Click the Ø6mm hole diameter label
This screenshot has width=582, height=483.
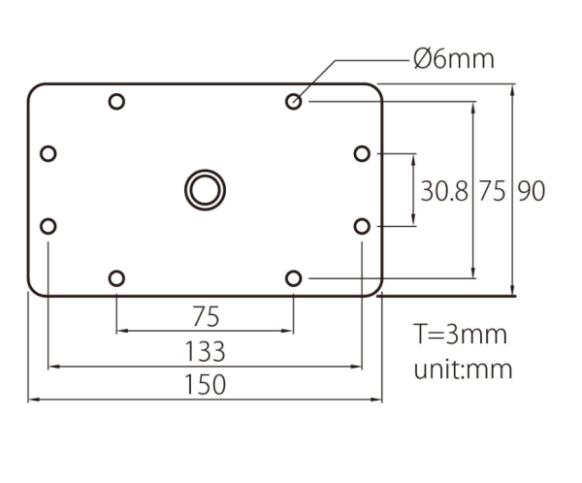tap(454, 59)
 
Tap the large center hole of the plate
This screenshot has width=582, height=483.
tap(205, 190)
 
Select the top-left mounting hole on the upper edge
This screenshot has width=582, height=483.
tap(116, 101)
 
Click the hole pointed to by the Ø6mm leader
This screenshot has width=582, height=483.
tap(294, 101)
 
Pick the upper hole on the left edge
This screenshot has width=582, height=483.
tap(48, 153)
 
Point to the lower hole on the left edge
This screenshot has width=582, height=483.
tap(48, 226)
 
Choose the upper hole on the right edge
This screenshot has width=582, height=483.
tap(362, 153)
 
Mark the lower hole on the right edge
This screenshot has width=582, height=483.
tap(362, 226)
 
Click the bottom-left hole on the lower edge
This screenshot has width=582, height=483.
tap(116, 278)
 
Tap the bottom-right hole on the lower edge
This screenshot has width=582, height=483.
tap(294, 278)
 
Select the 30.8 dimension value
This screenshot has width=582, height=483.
tap(444, 191)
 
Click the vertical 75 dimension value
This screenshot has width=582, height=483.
tap(492, 191)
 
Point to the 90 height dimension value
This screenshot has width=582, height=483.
tap(532, 191)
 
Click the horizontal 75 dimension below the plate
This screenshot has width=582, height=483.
tap(206, 317)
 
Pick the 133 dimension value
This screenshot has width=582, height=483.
tap(205, 351)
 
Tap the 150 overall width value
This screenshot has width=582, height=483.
tap(205, 385)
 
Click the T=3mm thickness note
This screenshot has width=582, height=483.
tap(460, 335)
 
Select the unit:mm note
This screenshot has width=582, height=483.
tap(463, 370)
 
